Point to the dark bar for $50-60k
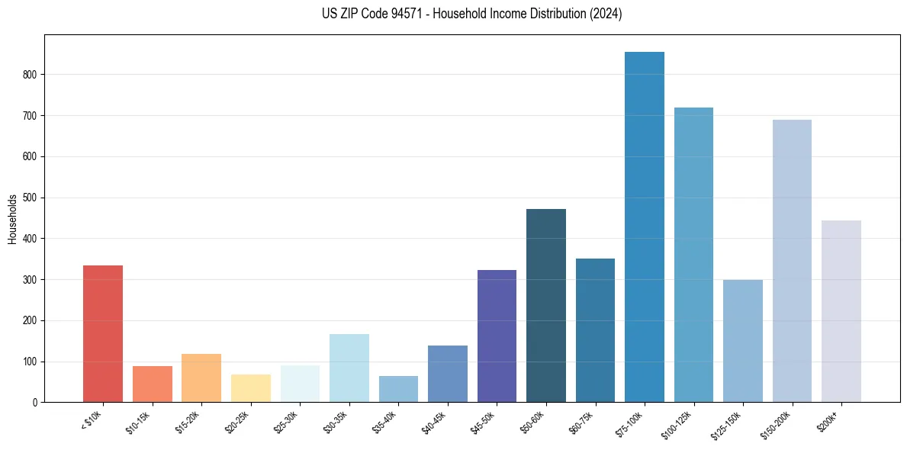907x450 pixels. [x=546, y=305]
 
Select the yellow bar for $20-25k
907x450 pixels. [x=251, y=387]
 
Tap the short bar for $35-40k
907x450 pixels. [x=398, y=389]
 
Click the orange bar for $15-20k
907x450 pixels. [x=201, y=378]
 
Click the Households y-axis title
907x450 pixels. [x=12, y=218]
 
